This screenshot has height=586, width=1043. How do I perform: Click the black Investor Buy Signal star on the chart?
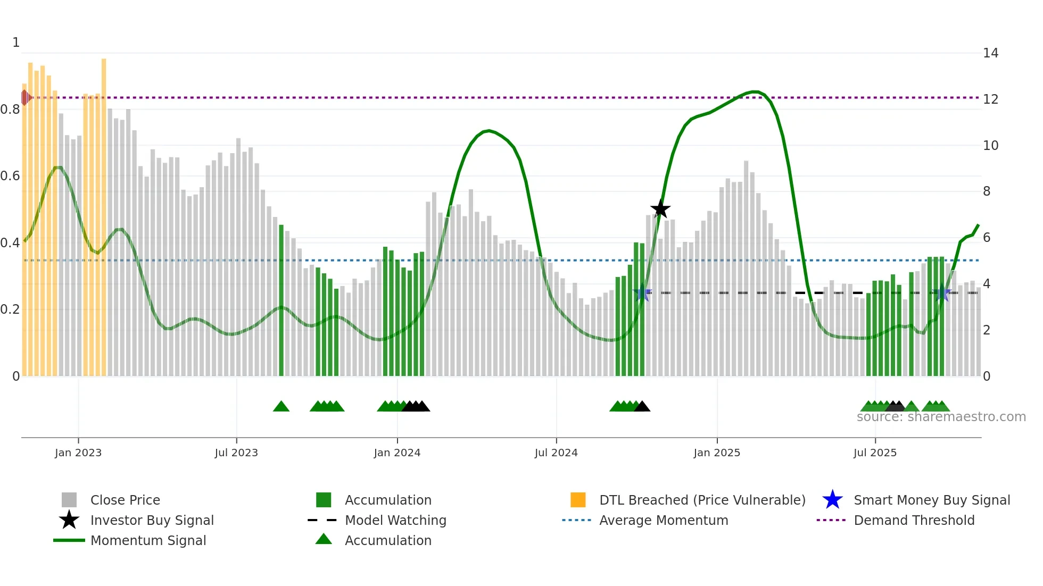[660, 209]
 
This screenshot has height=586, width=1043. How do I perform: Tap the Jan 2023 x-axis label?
[78, 453]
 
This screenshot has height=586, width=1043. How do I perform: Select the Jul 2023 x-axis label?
[236, 453]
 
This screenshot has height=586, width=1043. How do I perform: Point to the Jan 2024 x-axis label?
[397, 453]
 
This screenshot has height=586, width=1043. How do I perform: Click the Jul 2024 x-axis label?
[556, 453]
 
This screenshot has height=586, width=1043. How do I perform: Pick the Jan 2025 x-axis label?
[717, 453]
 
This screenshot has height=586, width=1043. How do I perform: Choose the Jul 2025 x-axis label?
[875, 453]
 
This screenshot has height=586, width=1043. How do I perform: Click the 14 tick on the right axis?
[990, 53]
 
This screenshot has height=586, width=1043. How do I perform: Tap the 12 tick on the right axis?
[990, 99]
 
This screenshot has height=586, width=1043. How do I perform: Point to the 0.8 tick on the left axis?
[10, 110]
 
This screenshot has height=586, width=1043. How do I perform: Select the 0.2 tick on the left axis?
[10, 309]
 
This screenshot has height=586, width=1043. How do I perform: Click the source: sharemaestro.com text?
[941, 417]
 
